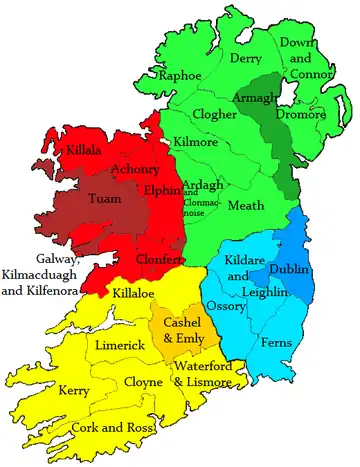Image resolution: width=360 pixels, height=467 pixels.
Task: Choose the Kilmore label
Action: click(x=197, y=143)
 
